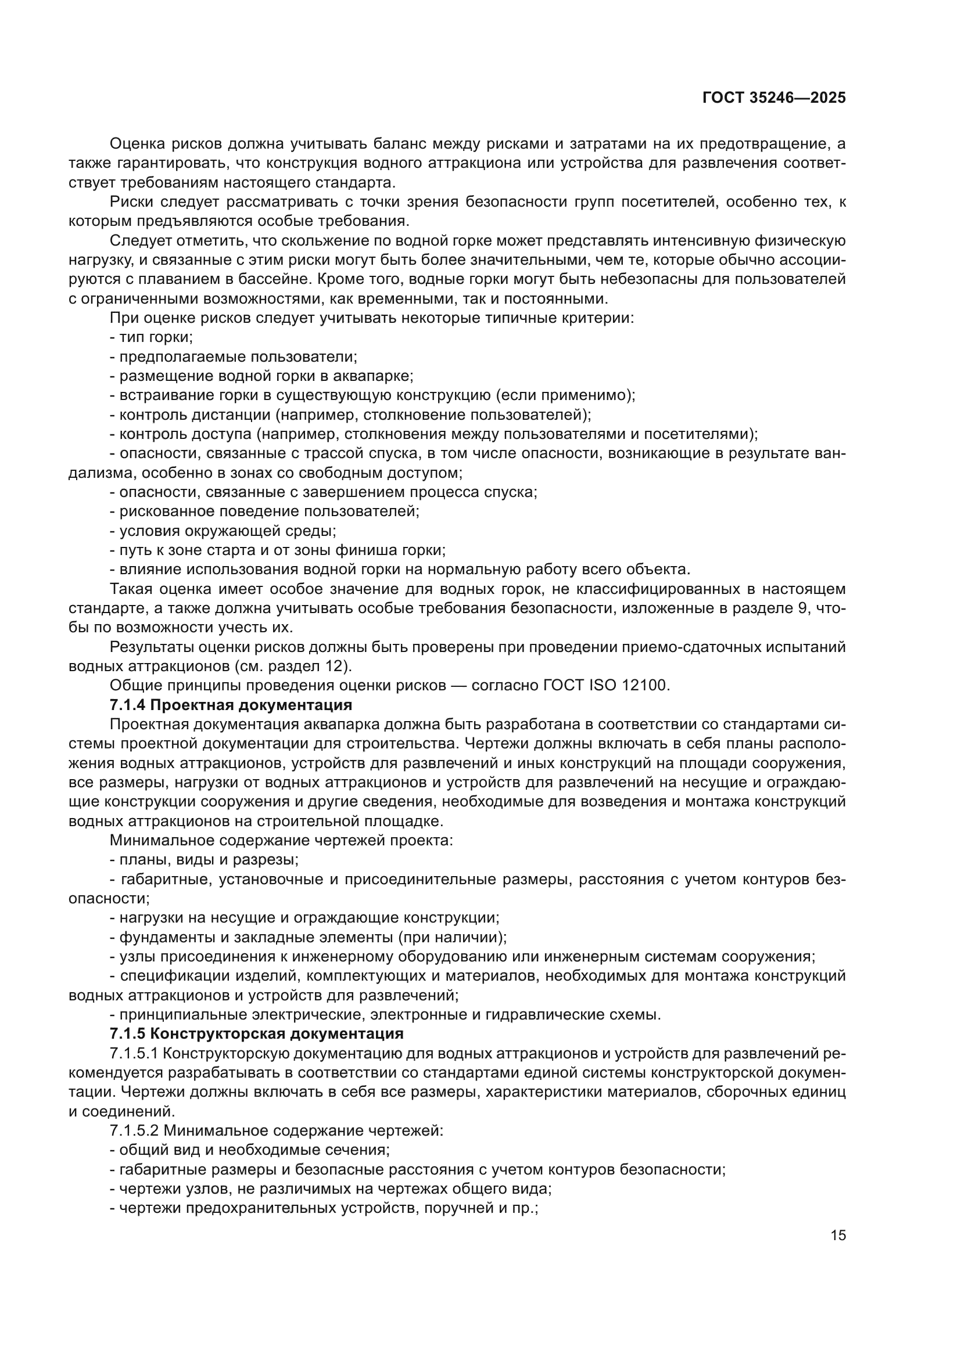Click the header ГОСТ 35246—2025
click(774, 98)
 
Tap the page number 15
click(838, 1235)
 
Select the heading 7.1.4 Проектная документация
click(231, 705)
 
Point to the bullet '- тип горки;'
click(152, 337)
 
